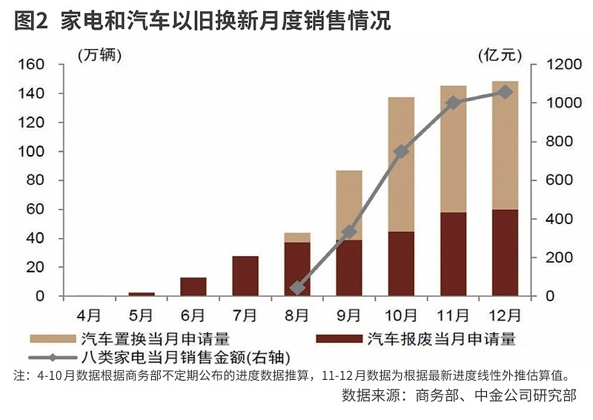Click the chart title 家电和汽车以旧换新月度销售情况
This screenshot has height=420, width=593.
(225, 21)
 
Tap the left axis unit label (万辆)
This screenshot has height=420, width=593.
(99, 56)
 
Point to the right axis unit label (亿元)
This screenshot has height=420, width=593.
(500, 56)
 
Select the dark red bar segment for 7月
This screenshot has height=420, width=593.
(245, 276)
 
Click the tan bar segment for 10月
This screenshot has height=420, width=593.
(401, 165)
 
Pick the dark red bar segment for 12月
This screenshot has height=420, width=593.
(506, 252)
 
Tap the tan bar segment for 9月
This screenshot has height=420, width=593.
(349, 205)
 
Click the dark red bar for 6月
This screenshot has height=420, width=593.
(193, 286)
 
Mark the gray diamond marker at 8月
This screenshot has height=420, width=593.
(297, 288)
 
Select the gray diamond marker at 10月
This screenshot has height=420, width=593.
(401, 152)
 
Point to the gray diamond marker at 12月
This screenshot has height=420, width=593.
(506, 92)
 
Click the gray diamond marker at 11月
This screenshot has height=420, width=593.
(453, 102)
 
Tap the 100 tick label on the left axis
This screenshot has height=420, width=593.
(31, 151)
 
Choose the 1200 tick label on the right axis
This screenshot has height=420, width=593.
(563, 65)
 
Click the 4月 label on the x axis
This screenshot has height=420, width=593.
(89, 315)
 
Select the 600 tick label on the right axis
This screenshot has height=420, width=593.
(559, 180)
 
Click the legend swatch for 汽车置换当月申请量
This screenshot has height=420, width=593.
(53, 339)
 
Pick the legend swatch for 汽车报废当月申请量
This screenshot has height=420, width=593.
(339, 339)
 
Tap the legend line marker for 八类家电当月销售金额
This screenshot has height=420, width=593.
(53, 358)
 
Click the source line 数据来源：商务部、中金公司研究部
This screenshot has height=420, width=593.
(459, 395)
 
